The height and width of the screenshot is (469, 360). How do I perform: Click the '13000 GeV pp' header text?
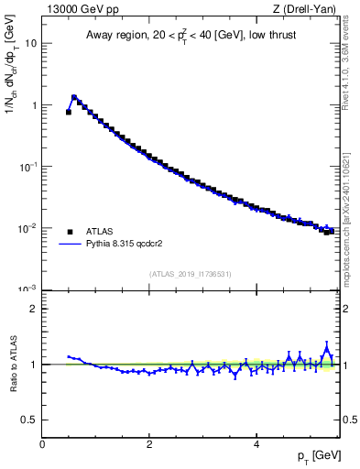[x=81, y=10]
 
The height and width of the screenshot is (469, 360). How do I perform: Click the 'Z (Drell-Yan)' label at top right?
[x=303, y=10]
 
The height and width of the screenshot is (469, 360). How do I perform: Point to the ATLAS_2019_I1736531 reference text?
[x=191, y=274]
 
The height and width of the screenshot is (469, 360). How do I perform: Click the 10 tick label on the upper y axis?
[x=29, y=44]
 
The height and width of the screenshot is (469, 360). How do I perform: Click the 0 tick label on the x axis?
[x=42, y=444]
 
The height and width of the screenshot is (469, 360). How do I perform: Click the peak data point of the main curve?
[x=73, y=96]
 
